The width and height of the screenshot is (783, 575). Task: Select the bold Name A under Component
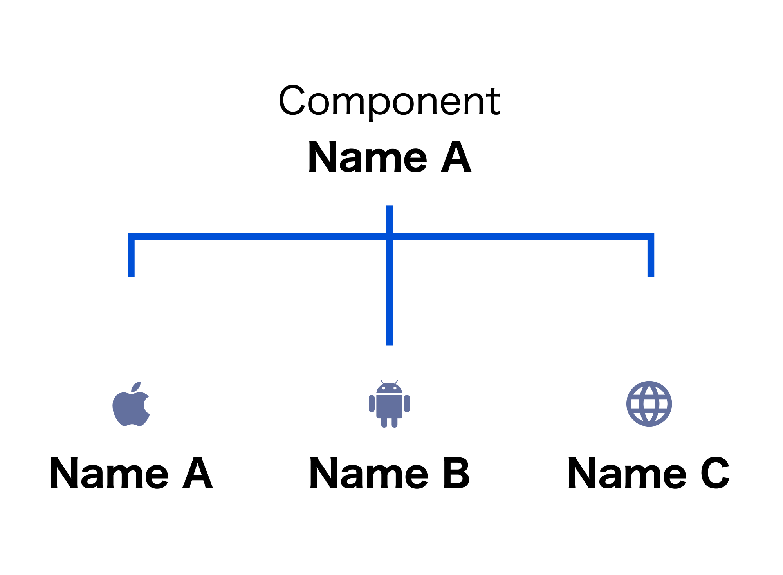pyautogui.click(x=390, y=157)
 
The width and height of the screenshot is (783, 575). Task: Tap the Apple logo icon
pyautogui.click(x=131, y=404)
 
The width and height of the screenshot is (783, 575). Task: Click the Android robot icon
pyautogui.click(x=389, y=403)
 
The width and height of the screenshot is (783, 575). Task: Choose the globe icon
pyautogui.click(x=649, y=403)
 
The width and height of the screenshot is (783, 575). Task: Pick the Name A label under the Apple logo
pyautogui.click(x=131, y=473)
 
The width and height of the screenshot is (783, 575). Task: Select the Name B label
pyautogui.click(x=390, y=473)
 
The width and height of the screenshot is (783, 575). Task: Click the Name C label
pyautogui.click(x=649, y=473)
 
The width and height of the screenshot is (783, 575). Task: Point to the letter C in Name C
pyautogui.click(x=715, y=473)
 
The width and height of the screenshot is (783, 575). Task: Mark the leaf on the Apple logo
pyautogui.click(x=136, y=387)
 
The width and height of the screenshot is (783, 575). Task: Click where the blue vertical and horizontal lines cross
pyautogui.click(x=389, y=236)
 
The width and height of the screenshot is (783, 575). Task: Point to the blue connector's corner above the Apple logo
pyautogui.click(x=131, y=236)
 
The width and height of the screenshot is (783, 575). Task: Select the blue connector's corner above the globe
pyautogui.click(x=651, y=236)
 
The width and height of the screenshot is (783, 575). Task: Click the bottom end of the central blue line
pyautogui.click(x=389, y=345)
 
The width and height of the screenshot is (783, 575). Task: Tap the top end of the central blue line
pyautogui.click(x=389, y=206)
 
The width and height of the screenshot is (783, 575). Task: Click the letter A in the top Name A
pyautogui.click(x=456, y=157)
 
